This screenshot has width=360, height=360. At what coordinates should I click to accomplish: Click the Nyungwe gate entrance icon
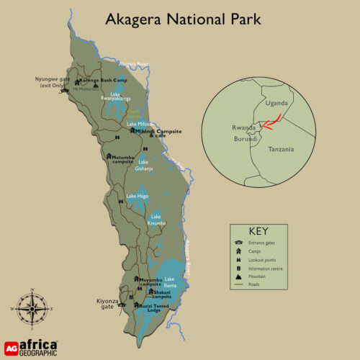tap(66, 91)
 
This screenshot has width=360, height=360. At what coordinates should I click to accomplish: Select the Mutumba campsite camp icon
tap(109, 156)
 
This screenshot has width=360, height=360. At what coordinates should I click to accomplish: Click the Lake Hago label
tap(137, 196)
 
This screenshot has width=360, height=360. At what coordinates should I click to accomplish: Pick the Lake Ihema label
tap(170, 282)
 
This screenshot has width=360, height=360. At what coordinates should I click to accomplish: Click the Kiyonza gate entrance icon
tap(122, 305)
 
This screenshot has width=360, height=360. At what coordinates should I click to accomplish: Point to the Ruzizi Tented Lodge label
tap(159, 307)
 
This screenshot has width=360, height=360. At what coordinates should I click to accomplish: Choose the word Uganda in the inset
tap(278, 102)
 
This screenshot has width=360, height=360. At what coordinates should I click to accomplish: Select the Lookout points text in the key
tap(263, 259)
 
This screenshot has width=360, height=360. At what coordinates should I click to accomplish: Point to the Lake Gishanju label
tap(145, 165)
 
